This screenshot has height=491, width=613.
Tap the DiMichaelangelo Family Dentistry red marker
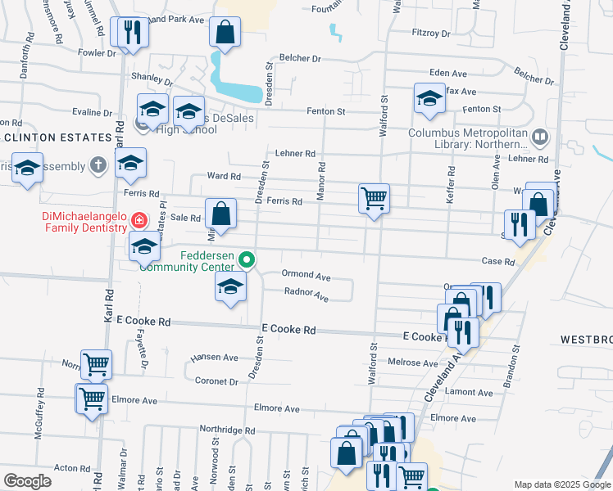138,219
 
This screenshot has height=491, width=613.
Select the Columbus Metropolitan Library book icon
539,137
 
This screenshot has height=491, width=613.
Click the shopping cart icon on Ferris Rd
374,197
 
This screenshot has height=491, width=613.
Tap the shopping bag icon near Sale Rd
220,214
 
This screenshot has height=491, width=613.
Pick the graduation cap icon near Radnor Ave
230,286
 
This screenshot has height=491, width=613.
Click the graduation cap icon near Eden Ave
429,98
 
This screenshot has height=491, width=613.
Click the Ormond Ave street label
306,276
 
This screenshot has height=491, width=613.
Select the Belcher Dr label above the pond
299,59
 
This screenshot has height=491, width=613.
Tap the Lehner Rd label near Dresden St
295,153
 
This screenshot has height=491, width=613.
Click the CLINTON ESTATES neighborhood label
57,137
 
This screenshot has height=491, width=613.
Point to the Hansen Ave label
214,358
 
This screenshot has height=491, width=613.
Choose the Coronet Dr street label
216,381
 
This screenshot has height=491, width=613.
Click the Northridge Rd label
228,430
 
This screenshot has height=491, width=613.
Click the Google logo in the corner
27,481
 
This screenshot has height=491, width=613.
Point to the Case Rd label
497,262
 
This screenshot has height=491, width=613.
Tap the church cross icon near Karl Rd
98,165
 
